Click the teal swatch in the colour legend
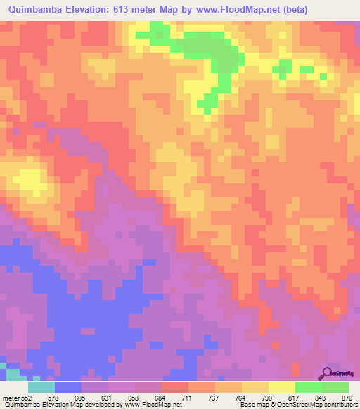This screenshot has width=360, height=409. (41, 387)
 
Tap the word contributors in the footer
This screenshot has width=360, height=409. (337, 405)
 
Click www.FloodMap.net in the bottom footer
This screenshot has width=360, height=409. (151, 405)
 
